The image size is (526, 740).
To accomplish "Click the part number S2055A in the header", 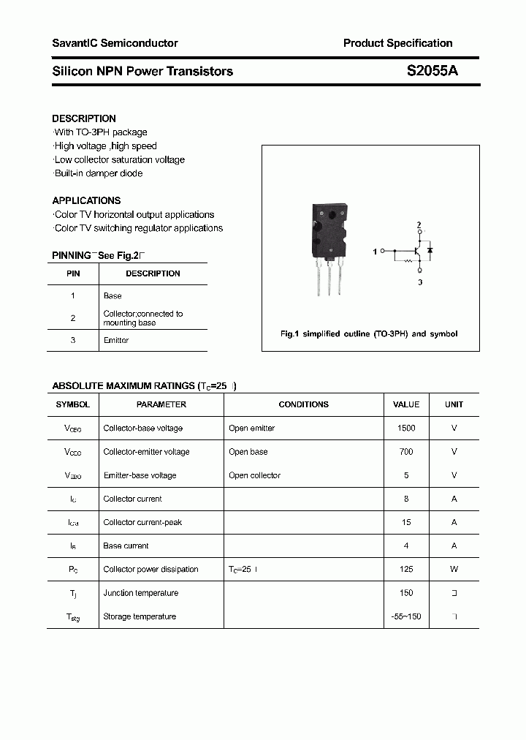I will pos(432,71).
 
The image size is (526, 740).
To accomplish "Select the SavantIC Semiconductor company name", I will pos(115,43).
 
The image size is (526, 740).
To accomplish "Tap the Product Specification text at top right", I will pos(397,43).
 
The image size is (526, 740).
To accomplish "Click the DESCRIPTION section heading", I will pos(84,118).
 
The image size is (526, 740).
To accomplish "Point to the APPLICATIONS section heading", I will pos(86,200).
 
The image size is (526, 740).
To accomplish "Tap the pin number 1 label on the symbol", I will pos(375,252).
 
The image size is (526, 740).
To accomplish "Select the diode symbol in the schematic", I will pos(430,251).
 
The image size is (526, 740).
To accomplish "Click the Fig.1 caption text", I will pos(369,334).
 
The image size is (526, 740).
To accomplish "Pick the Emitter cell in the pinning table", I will pos(116,341).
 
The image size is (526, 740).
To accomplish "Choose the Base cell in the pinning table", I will pos(113,296).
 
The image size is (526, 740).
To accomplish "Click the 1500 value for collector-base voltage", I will pos(406,428).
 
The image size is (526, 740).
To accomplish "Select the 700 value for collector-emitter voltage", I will pos(406,452).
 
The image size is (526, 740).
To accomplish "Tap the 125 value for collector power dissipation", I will pos(406,570).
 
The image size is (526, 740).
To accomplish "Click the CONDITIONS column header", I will pos(303,404).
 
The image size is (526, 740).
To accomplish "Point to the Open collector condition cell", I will pos(254,475).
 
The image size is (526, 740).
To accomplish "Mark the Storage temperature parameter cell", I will pos(140,616).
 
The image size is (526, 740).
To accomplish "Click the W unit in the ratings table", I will pos(454,570).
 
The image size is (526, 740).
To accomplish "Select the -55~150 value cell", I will pos(406,616).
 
